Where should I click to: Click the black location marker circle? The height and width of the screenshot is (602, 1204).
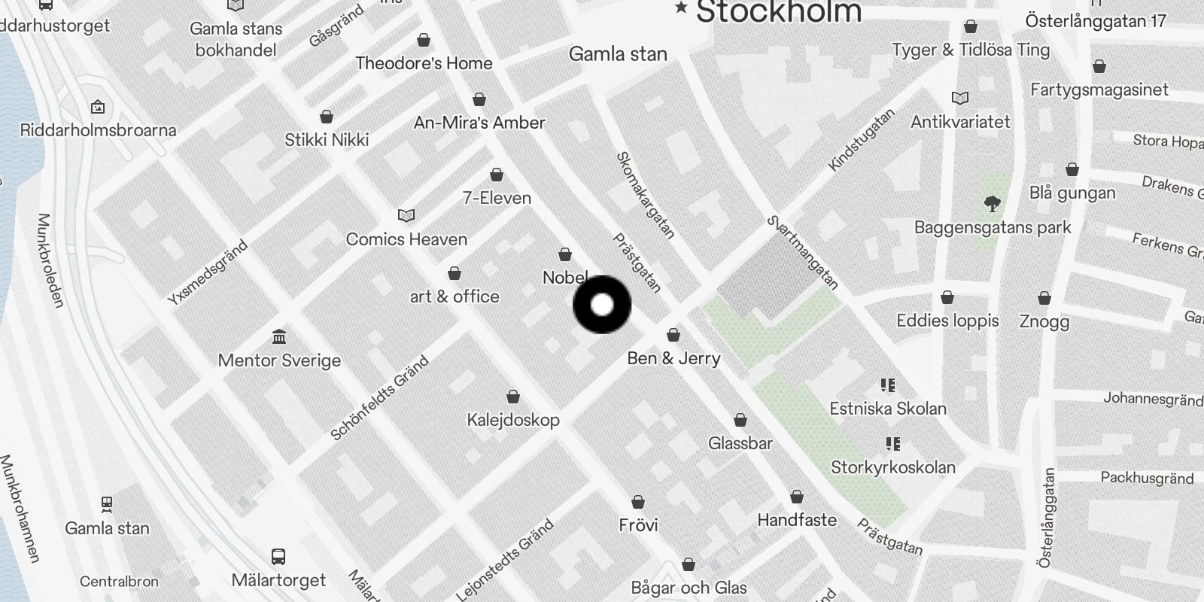pos(602,305)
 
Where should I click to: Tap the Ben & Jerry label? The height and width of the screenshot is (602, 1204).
pos(673,358)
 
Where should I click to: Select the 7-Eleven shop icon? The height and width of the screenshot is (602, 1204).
pos(497,175)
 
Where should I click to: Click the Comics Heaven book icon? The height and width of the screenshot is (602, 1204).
pos(406,216)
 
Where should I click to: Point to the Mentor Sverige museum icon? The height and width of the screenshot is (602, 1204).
pos(279,336)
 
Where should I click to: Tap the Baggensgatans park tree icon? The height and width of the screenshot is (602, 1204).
pos(993,203)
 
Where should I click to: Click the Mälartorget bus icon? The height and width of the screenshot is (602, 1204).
pos(278,557)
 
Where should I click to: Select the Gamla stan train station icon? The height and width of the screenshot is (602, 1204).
pos(107,504)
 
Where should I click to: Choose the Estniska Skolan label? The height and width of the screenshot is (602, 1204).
pos(888,409)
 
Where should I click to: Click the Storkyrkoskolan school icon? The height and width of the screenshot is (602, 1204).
pos(893,444)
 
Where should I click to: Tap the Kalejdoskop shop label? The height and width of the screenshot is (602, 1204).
pos(513,420)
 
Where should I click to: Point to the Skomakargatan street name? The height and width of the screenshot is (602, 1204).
pos(645,195)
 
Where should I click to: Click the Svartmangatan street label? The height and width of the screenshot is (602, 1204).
pos(802,252)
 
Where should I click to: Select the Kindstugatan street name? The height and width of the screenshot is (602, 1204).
pos(862,140)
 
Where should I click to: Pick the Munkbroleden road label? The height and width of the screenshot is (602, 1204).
pos(50,260)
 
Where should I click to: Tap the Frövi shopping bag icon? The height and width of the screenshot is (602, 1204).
pos(638,502)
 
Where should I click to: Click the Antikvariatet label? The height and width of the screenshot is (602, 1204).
pos(960,122)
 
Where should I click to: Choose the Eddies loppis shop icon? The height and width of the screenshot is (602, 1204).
pos(947,298)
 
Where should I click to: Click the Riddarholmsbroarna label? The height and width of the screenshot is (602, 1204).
pos(98,130)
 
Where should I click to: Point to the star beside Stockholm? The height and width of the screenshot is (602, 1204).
pos(681,8)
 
